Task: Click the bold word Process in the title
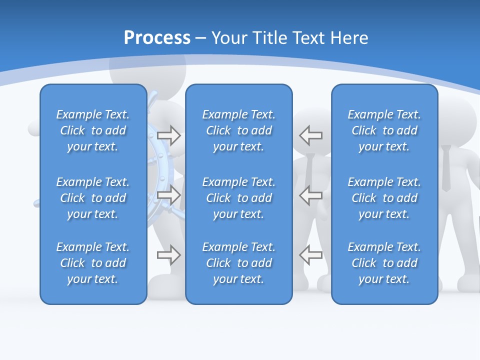[x=157, y=38]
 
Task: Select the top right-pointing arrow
[x=169, y=135]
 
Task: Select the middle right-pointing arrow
[x=169, y=195]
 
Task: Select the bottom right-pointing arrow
[x=169, y=255]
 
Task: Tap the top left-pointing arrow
[x=311, y=135]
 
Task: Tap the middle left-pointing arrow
[x=311, y=195]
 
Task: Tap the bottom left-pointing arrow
[x=311, y=255]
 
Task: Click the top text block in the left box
[x=93, y=130]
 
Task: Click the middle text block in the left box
[x=93, y=198]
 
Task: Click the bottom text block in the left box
[x=93, y=263]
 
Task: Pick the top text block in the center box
[x=238, y=130]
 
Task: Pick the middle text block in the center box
[x=238, y=198]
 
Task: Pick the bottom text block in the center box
[x=238, y=263]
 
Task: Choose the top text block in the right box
[x=384, y=130]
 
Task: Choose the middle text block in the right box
[x=384, y=198]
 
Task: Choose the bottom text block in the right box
[x=384, y=263]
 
